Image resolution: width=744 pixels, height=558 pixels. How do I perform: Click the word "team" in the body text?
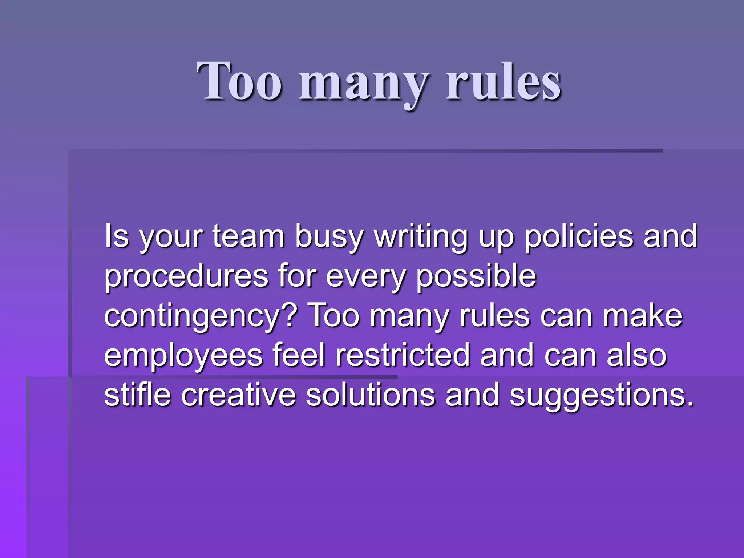248,236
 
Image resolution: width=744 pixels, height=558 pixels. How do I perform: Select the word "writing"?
421,238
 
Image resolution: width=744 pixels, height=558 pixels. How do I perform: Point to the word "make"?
643,316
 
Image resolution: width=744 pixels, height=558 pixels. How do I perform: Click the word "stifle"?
137,395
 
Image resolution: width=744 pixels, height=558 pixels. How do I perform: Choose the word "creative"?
239,395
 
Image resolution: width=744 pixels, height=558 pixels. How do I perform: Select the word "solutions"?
371,395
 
